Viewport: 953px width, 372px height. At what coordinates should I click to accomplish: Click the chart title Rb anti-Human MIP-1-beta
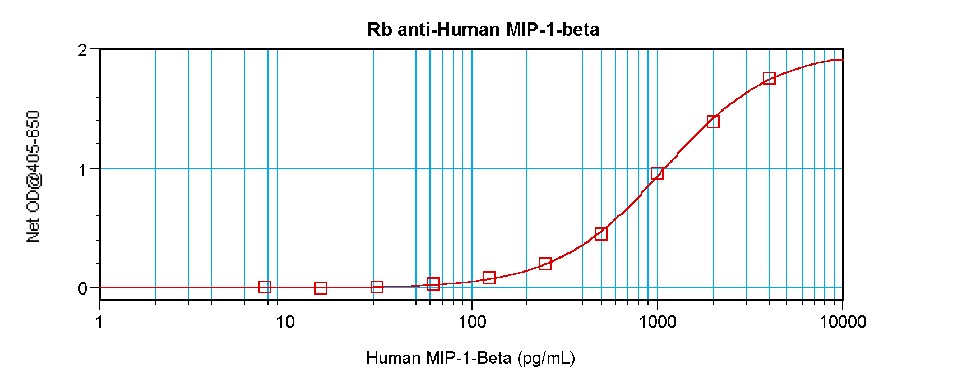coord(483,29)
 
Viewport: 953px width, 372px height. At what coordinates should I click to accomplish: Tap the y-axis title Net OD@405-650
coord(34,176)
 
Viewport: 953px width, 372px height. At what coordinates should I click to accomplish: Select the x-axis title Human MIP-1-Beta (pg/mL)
coord(470,357)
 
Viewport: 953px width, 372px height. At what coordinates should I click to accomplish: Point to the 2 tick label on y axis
coord(83,50)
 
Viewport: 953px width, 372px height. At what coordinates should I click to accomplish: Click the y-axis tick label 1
coord(83,169)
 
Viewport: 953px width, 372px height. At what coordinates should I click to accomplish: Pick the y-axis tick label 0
coord(83,288)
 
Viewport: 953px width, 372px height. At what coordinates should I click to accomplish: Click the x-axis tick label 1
coord(100,322)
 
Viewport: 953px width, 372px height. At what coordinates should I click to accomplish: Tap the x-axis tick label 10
coord(285,322)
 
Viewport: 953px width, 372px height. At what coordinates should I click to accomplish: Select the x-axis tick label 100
coord(471,322)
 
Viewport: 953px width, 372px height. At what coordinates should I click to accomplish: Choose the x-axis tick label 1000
coord(657,322)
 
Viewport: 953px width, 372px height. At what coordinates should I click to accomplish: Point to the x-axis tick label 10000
coord(843,322)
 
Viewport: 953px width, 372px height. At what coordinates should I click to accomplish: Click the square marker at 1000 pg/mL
coord(657,173)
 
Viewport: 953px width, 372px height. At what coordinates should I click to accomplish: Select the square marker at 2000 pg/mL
coord(713,122)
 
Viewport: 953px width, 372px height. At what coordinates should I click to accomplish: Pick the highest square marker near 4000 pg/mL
coord(769,78)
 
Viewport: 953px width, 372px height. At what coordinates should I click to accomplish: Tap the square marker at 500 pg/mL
coord(601,234)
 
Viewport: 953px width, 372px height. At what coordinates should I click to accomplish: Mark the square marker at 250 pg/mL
coord(545,264)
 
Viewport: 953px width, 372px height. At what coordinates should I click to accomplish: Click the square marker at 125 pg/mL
coord(489,278)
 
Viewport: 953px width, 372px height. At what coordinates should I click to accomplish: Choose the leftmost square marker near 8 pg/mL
coord(265,287)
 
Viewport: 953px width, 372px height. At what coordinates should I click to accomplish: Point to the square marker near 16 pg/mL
coord(321,288)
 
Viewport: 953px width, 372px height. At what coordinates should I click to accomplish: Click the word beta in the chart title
coord(581,29)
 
